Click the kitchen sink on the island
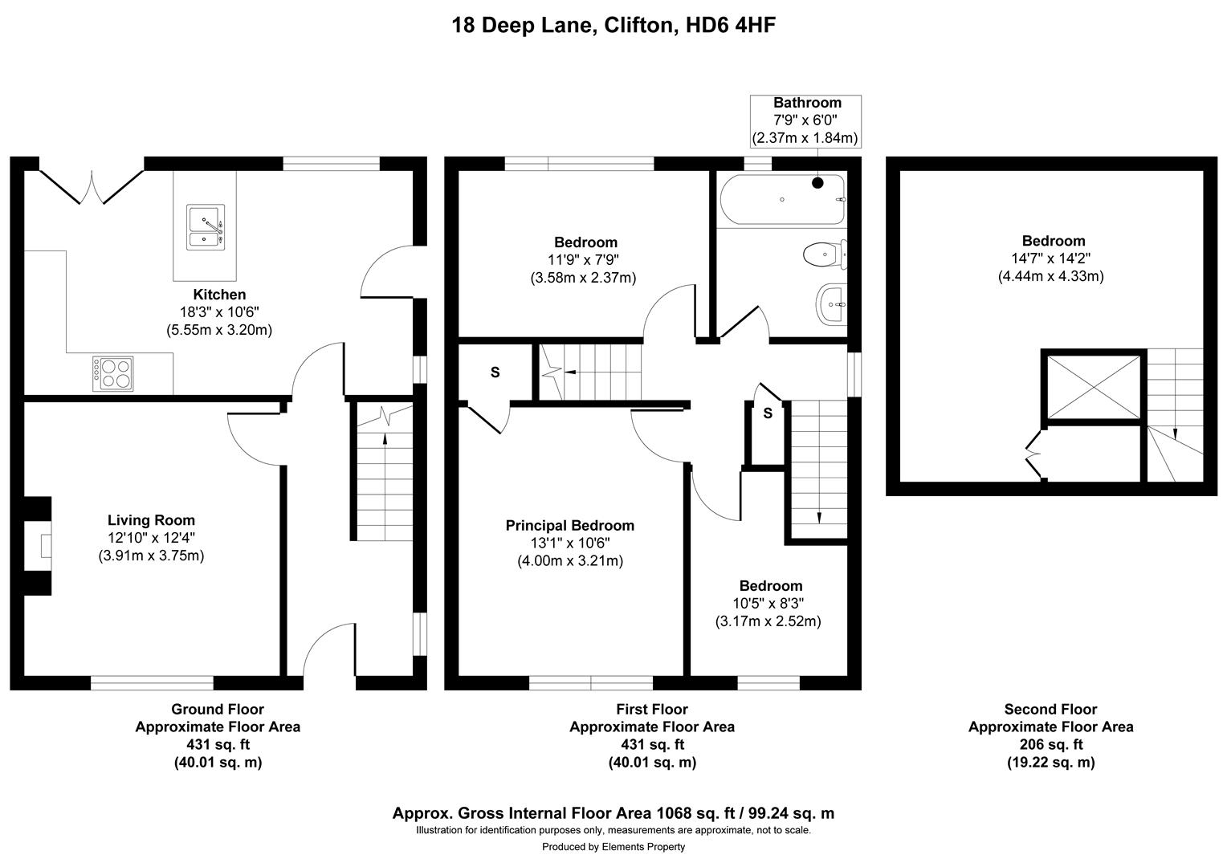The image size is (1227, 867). click(x=206, y=227)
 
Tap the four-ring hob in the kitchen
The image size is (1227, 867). click(x=113, y=372)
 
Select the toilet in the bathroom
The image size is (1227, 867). click(x=825, y=254)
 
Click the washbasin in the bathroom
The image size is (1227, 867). click(x=831, y=305)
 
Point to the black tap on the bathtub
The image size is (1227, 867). click(x=817, y=183)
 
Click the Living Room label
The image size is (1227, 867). click(x=151, y=520)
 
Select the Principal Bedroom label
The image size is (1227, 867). click(x=569, y=526)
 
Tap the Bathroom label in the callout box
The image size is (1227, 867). click(x=807, y=103)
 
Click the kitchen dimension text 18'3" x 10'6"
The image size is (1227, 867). click(x=218, y=312)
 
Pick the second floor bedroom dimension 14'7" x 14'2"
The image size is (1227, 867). click(x=1053, y=258)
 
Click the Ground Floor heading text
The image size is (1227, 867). click(x=217, y=709)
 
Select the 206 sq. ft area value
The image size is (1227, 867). click(x=1050, y=745)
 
